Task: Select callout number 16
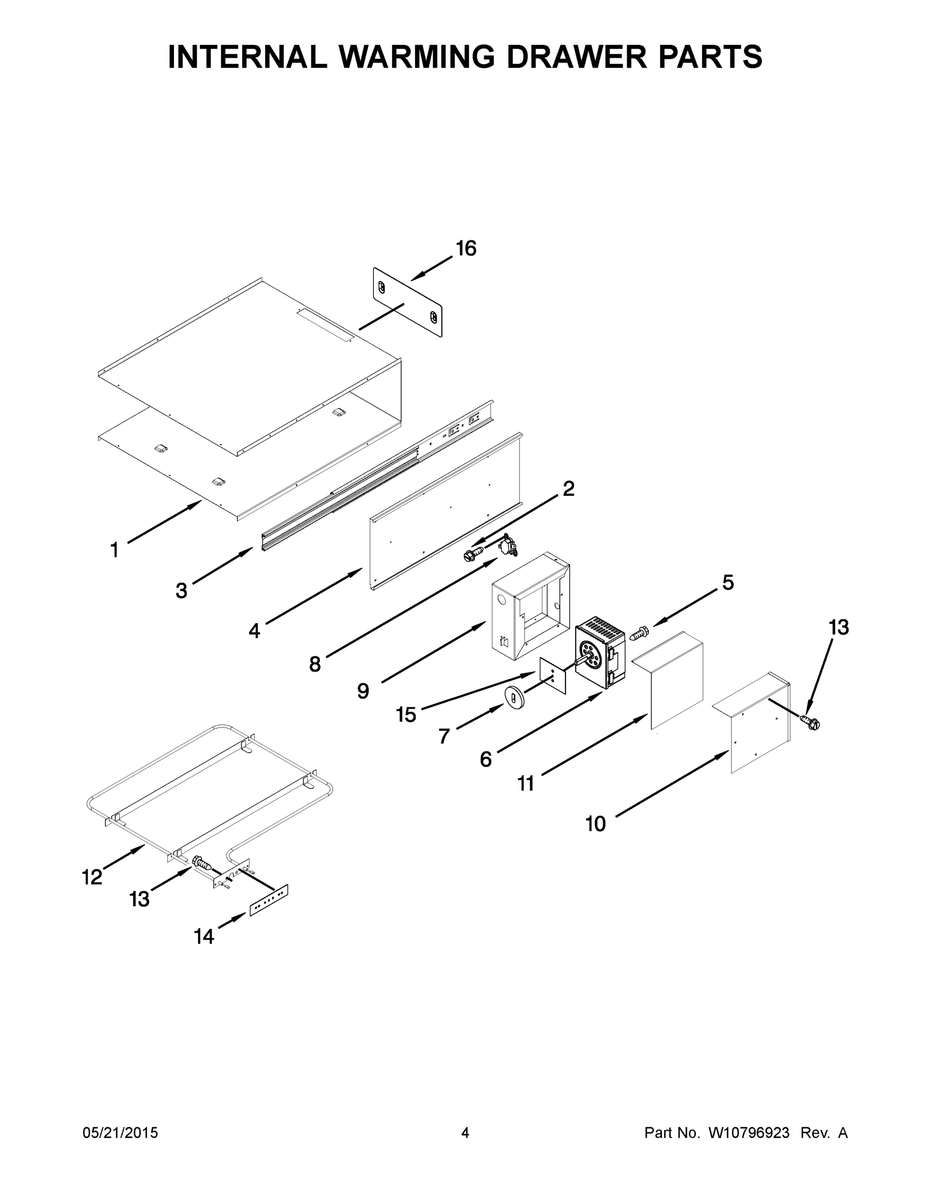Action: (466, 249)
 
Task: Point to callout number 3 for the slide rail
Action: (181, 591)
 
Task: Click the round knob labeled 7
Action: (513, 698)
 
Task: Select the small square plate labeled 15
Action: (553, 676)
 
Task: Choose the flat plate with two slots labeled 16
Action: (408, 302)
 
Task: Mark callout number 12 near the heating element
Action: (92, 877)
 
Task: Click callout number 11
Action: (525, 784)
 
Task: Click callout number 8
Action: (314, 664)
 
